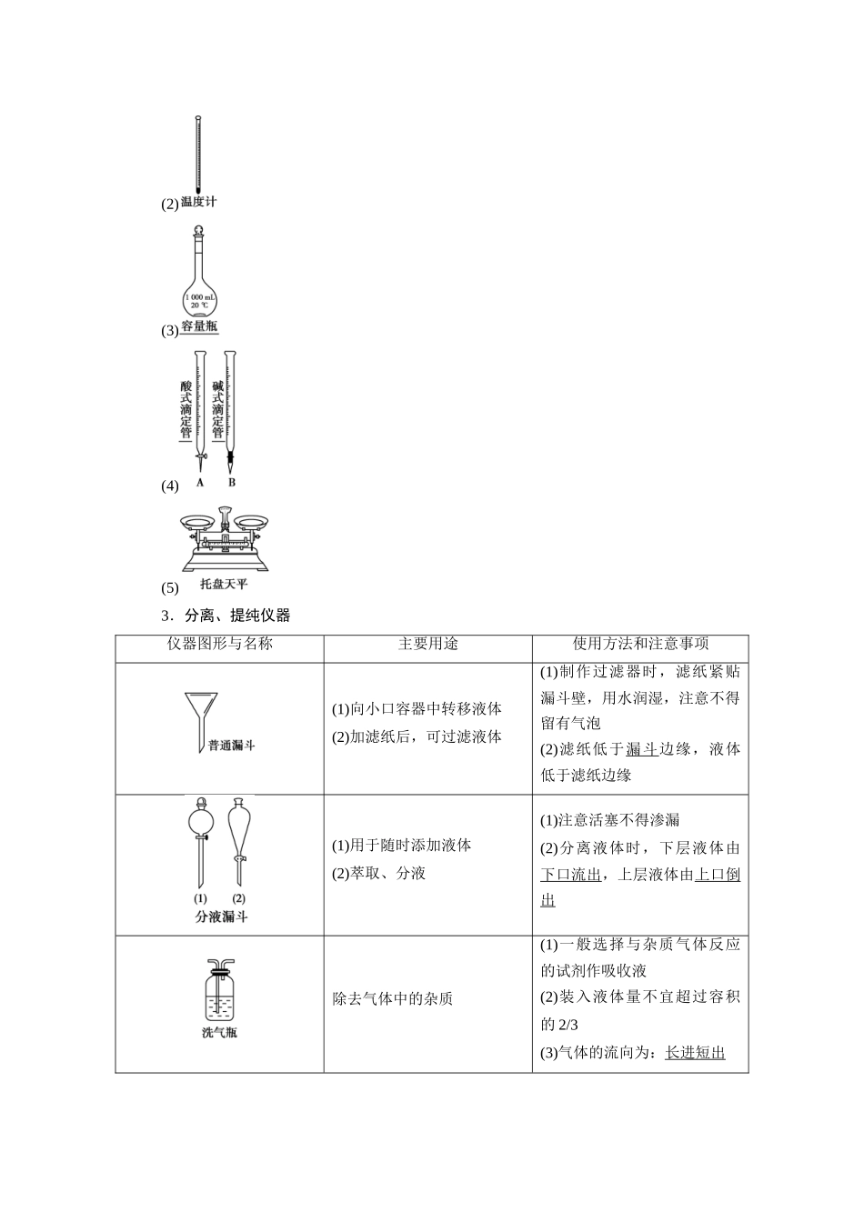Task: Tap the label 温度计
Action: pyautogui.click(x=199, y=202)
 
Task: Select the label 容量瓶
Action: pyautogui.click(x=200, y=327)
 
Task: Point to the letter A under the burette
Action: pyautogui.click(x=200, y=482)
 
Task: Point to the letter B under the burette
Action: pyautogui.click(x=232, y=482)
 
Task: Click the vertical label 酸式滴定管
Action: pyautogui.click(x=186, y=409)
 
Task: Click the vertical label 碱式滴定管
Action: pyautogui.click(x=217, y=409)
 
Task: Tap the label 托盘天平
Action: pyautogui.click(x=224, y=584)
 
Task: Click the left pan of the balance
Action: pyautogui.click(x=197, y=522)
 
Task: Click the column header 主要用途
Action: pyautogui.click(x=427, y=644)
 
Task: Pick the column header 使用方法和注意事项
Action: pyautogui.click(x=640, y=644)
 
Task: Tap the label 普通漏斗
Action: pyautogui.click(x=231, y=746)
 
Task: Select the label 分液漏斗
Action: pyautogui.click(x=221, y=916)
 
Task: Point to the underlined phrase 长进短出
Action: pyautogui.click(x=695, y=1053)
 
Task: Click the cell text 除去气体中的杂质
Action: pyautogui.click(x=392, y=998)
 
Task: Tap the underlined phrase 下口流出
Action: pyautogui.click(x=571, y=875)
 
